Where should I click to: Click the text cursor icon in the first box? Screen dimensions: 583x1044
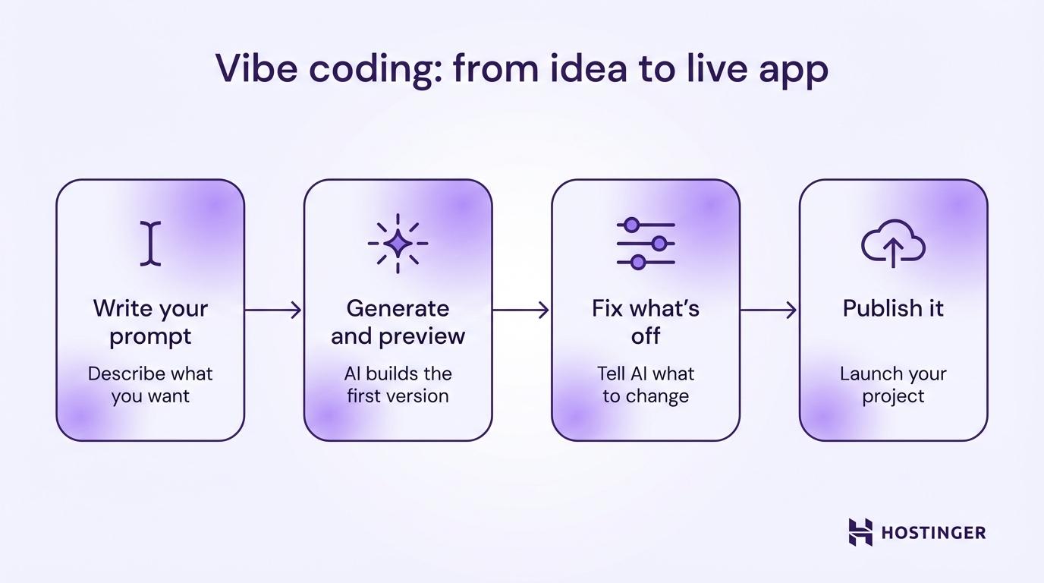coord(151,243)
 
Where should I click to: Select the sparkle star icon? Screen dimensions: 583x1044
coord(398,243)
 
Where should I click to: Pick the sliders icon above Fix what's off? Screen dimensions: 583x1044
coord(646,243)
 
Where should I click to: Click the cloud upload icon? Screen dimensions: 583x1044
coord(893,243)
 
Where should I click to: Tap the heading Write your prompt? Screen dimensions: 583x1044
coord(150,322)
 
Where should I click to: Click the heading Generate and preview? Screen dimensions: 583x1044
coord(398,322)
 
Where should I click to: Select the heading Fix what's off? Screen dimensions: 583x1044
coord(646,322)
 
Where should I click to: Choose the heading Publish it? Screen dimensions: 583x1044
coord(893,309)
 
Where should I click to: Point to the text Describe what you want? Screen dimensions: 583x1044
coord(150,385)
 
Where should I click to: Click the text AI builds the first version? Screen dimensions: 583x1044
coord(398,385)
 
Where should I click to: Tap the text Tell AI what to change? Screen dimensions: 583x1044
coord(646,385)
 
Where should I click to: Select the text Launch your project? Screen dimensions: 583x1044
coord(893,385)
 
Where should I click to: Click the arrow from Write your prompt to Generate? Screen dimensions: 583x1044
coord(273,310)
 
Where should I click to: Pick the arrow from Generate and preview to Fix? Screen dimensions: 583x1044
coord(521,310)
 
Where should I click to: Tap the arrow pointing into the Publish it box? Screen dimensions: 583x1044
coord(769,310)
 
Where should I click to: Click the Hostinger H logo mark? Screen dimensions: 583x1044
coord(860,532)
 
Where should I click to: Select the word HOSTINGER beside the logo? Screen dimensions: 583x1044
coord(933,533)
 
